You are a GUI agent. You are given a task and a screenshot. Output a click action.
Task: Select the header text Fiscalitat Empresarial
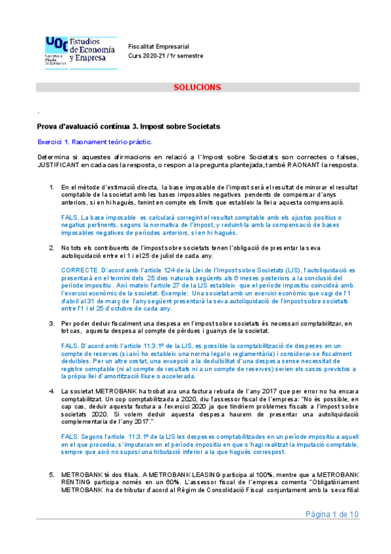click(x=159, y=46)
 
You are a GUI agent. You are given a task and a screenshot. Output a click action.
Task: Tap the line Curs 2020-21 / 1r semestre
click(x=166, y=56)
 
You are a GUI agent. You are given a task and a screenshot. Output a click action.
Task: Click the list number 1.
click(x=52, y=188)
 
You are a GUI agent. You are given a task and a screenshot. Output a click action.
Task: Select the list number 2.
click(x=52, y=248)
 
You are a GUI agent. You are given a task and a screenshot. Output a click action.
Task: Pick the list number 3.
click(x=52, y=323)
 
